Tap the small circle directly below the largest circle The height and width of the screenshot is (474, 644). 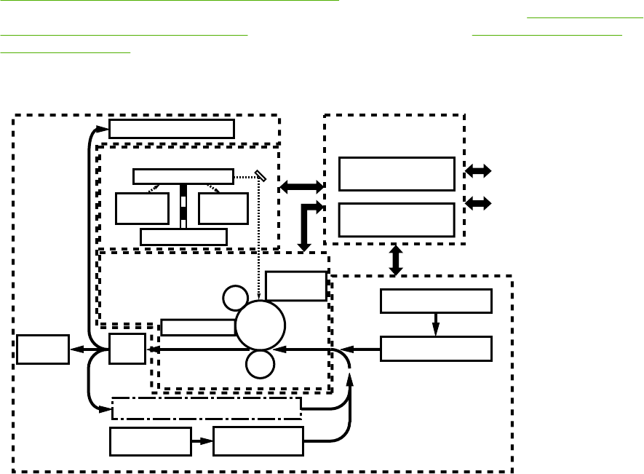[x=259, y=363]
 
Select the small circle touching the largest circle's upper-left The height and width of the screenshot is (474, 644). [x=234, y=297]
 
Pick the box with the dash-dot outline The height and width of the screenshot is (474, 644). [x=207, y=408]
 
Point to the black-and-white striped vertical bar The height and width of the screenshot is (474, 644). [x=183, y=207]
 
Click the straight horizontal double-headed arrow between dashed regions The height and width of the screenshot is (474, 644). [x=302, y=187]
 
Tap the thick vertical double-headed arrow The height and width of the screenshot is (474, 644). [x=396, y=260]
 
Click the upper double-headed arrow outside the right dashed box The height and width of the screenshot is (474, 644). [x=478, y=172]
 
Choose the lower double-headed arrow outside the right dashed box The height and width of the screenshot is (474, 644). [x=478, y=204]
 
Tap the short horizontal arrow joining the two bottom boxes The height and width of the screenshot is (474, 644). [x=202, y=441]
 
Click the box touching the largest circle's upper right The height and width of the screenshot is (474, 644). [x=295, y=285]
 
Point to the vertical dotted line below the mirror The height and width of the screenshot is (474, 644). [x=260, y=240]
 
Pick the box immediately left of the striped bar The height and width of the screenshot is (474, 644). [x=142, y=210]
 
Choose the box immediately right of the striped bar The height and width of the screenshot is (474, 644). [x=223, y=210]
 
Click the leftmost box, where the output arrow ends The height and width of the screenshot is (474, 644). [x=43, y=349]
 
